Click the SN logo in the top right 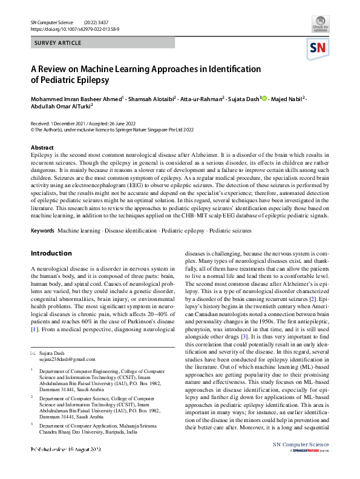319,48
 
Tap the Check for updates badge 321,27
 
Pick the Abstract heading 42,148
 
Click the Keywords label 42,231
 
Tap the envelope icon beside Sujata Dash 33,352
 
